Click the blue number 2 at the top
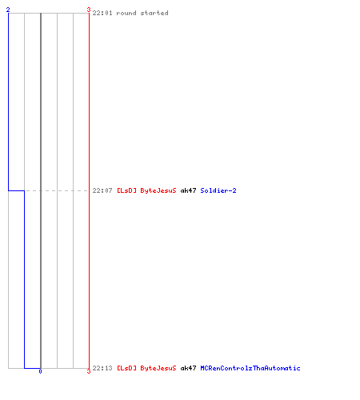[x=8, y=10]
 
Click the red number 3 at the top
[x=89, y=10]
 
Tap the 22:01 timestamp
[x=102, y=13]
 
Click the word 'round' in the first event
[x=126, y=13]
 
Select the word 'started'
[x=154, y=13]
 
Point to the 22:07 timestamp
[x=102, y=190]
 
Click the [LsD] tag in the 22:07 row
[x=126, y=190]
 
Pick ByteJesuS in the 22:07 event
[x=158, y=190]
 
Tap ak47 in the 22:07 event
[x=188, y=190]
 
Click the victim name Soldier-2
[x=218, y=190]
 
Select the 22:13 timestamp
[x=102, y=368]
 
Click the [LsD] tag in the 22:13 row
[x=126, y=368]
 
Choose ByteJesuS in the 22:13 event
[x=158, y=368]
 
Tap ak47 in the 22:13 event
[x=188, y=368]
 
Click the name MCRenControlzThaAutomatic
[x=250, y=368]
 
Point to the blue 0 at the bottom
[x=40, y=371]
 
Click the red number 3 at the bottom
[x=89, y=371]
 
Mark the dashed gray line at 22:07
[x=57, y=190]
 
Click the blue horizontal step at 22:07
[x=16, y=190]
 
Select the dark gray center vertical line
[x=41, y=190]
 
